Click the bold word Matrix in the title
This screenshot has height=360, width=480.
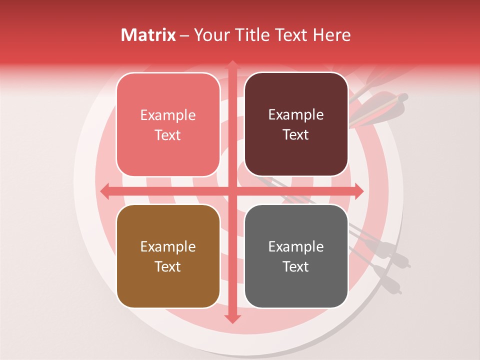point(148,35)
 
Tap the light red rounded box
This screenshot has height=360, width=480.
point(168,125)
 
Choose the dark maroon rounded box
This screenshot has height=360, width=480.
point(296,125)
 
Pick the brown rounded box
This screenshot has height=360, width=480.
point(168,256)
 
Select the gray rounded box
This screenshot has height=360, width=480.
point(296,256)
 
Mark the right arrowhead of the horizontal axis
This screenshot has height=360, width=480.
point(358,191)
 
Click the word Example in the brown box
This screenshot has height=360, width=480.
point(168,247)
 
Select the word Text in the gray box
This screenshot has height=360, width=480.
point(296,267)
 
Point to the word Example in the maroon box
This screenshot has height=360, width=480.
point(296,115)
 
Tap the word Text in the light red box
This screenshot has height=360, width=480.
point(168,135)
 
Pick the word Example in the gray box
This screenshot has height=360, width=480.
point(296,247)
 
